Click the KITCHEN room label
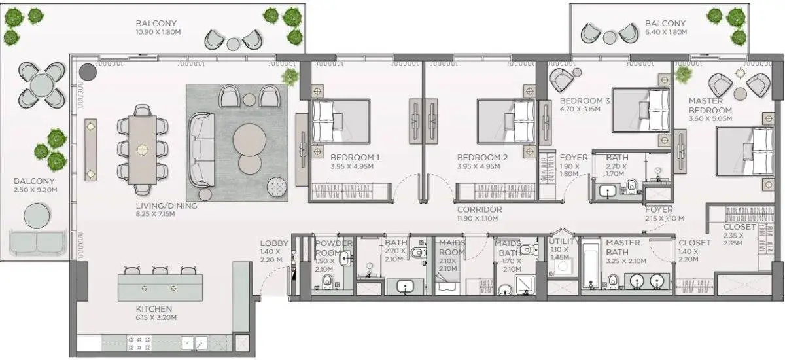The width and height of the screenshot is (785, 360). tap(154, 309)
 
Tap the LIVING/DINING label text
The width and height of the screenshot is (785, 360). tap(166, 206)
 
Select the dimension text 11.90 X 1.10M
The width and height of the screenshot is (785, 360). tap(478, 219)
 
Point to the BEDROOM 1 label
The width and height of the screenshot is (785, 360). tap(355, 157)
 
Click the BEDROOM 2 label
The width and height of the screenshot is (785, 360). tap(482, 157)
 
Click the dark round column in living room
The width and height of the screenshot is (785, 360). tap(88, 72)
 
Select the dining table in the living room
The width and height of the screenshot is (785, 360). tap(143, 150)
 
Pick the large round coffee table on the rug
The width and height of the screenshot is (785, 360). tap(249, 140)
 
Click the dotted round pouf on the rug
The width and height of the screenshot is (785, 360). tap(277, 187)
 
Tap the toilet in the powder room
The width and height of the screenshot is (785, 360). tap(327, 281)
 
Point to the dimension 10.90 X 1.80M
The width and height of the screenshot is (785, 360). tap(158, 32)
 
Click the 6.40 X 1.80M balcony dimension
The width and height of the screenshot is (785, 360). tap(666, 32)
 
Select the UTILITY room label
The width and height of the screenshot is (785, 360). tap(564, 242)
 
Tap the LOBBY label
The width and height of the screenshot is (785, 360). tap(274, 243)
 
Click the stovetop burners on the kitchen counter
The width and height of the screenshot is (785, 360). tap(139, 344)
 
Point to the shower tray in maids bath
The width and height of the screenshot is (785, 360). tap(525, 285)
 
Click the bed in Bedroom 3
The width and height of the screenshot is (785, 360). tap(641, 110)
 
